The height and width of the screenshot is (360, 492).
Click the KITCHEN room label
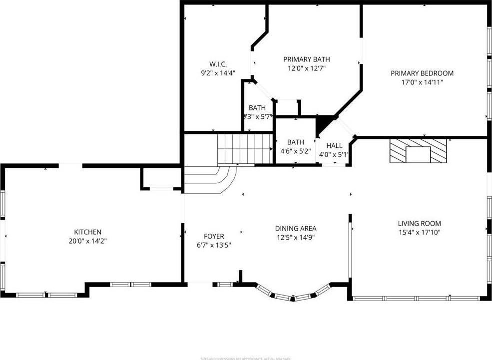88,232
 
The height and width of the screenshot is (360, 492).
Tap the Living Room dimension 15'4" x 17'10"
419,232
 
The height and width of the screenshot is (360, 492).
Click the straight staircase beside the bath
244,148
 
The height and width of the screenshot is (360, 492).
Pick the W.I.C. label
218,64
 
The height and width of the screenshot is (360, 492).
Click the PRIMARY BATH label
306,59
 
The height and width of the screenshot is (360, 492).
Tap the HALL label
334,145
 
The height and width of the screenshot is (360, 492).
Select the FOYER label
214,236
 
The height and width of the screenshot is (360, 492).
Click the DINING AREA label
296,229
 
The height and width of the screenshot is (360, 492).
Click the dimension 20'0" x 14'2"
88,241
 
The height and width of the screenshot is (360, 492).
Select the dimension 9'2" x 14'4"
218,73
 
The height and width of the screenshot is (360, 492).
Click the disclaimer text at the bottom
246,358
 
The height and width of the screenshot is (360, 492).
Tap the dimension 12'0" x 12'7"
306,68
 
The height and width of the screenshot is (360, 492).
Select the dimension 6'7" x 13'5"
214,245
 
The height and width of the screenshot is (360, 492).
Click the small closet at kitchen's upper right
160,178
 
